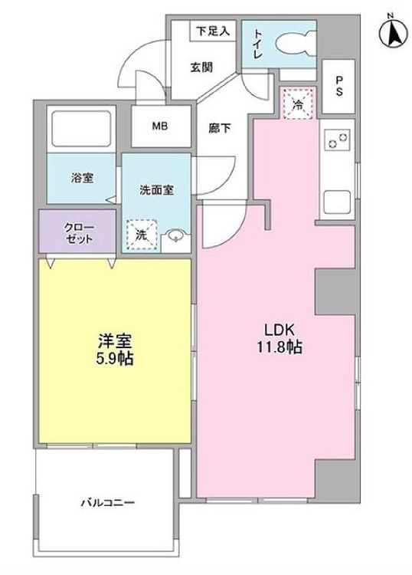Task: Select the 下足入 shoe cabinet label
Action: pos(212,31)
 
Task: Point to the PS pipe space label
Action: pos(338,86)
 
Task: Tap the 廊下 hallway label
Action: pos(219,129)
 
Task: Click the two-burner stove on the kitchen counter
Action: pos(338,141)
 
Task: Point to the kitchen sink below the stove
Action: pos(338,202)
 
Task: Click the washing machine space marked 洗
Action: pos(140,236)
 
